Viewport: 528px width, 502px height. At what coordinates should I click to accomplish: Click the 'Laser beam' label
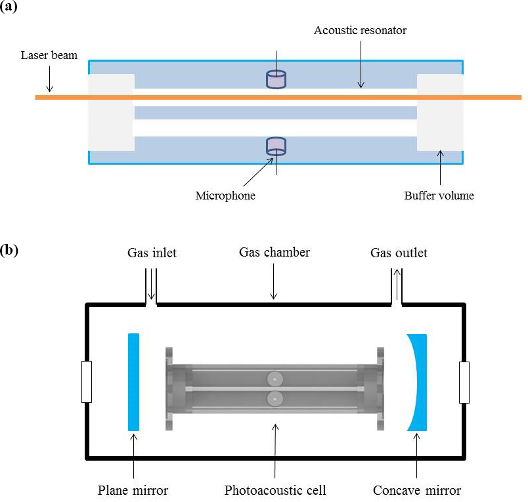[49, 55]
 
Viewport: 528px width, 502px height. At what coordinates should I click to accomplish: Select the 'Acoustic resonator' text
[360, 30]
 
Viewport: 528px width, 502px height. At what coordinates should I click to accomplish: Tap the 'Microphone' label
[225, 196]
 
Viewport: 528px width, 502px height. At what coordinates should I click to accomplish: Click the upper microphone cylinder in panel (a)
[276, 79]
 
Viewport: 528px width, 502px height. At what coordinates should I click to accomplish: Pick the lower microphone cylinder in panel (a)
[276, 146]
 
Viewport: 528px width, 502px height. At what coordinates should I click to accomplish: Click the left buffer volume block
[111, 112]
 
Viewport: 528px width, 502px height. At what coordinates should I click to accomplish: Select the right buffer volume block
[440, 112]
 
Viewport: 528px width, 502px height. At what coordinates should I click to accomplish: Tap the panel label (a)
[9, 8]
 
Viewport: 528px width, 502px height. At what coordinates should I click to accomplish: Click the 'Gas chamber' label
[274, 253]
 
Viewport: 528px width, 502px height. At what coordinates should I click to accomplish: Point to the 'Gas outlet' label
[399, 253]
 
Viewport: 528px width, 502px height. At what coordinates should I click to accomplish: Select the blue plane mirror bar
[134, 382]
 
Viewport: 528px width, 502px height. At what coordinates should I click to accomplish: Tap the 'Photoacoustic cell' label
[275, 490]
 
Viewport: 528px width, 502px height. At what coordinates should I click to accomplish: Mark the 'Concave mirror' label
[417, 490]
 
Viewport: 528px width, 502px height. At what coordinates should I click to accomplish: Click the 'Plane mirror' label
[133, 490]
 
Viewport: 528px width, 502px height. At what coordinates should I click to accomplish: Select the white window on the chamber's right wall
[464, 382]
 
